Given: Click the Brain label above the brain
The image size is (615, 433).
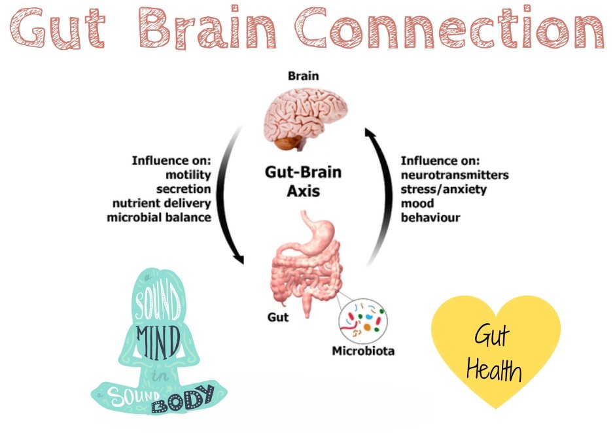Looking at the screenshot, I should coord(304,76).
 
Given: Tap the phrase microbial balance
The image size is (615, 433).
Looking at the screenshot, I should coord(159,217).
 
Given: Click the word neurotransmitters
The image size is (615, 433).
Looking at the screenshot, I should coord(455,175).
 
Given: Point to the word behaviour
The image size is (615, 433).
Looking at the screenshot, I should coord(430,217).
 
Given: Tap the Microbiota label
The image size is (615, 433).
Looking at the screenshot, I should coord(362,351).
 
